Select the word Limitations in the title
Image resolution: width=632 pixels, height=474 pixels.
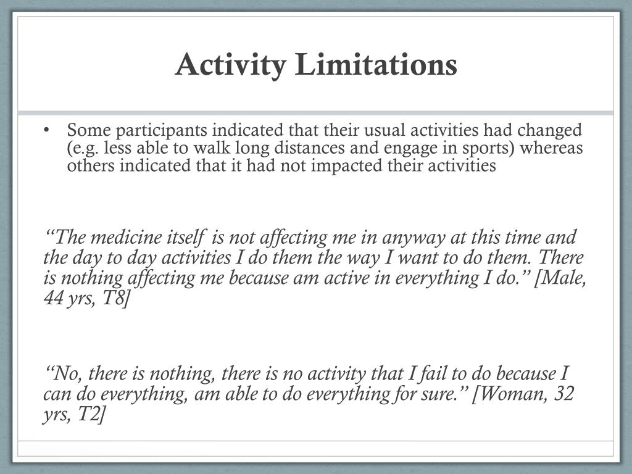coord(376,64)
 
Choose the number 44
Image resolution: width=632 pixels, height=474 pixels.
coord(54,299)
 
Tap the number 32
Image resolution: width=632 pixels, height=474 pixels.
coord(563,394)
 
